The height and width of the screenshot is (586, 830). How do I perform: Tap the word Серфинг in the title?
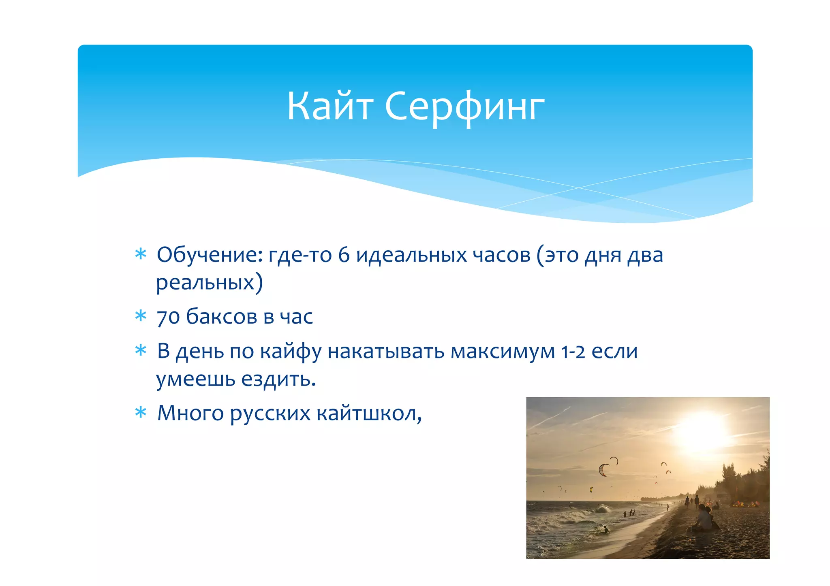click(x=464, y=107)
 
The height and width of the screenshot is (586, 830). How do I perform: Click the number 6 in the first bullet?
click(x=343, y=255)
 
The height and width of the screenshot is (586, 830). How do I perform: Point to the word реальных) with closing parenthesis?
click(x=210, y=282)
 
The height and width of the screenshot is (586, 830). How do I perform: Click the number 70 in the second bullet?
click(x=168, y=317)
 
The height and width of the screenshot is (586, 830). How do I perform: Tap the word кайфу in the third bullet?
click(x=291, y=352)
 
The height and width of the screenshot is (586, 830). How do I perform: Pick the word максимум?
click(x=503, y=352)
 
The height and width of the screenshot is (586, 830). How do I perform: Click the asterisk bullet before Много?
click(x=141, y=413)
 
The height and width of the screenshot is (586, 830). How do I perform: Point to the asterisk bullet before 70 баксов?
click(x=141, y=316)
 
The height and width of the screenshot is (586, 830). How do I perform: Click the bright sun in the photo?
click(x=702, y=432)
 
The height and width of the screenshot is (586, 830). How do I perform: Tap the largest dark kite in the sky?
click(x=603, y=470)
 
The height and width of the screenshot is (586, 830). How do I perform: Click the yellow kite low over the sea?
click(x=591, y=490)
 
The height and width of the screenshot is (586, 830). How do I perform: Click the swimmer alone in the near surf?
click(x=606, y=529)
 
